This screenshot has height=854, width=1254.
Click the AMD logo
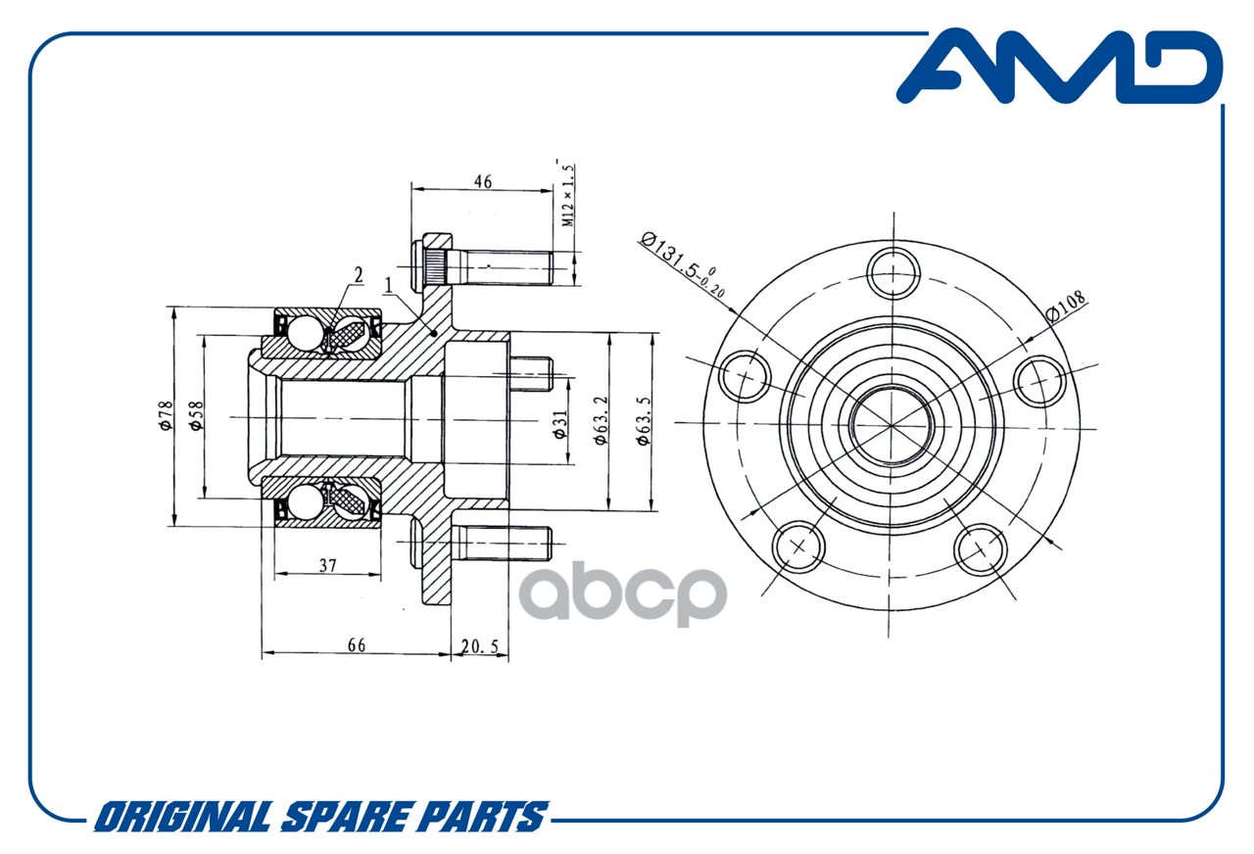tap(1060, 67)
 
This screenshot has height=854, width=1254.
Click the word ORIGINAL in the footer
tap(183, 817)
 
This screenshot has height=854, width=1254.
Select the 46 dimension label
tap(483, 182)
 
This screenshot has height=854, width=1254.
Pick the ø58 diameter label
tap(197, 415)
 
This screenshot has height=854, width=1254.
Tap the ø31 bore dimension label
tap(560, 425)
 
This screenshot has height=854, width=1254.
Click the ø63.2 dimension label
tap(601, 420)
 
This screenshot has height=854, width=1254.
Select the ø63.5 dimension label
tap(645, 421)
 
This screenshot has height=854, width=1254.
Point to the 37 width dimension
tap(327, 565)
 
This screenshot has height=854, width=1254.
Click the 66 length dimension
tap(356, 645)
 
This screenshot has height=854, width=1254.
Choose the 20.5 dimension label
tap(479, 646)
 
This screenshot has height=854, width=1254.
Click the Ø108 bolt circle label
tap(1066, 307)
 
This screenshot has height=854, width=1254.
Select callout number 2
tap(359, 275)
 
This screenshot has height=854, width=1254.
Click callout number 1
tap(389, 285)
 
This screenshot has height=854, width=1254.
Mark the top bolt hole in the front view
tap(892, 274)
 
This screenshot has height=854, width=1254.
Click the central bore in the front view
tap(892, 425)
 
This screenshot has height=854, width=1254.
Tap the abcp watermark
tap(622, 593)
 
